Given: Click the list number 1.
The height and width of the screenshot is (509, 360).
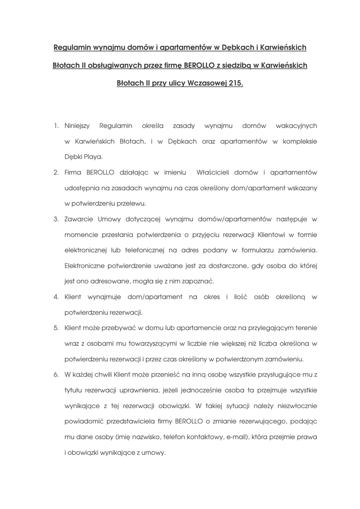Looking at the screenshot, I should click(x=56, y=126).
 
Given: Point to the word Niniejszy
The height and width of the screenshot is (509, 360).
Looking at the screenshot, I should click(x=77, y=126).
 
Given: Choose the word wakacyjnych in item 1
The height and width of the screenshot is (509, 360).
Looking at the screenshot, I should click(x=296, y=126).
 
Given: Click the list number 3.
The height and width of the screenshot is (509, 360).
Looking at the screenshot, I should click(x=56, y=219).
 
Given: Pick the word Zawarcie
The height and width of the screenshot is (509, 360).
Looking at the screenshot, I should click(x=78, y=219).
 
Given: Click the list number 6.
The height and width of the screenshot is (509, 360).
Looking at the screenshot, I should click(x=56, y=374).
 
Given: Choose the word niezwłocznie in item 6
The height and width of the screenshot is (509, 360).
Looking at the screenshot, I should click(x=295, y=406).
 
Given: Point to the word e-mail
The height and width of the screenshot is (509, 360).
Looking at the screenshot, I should click(x=236, y=437).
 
